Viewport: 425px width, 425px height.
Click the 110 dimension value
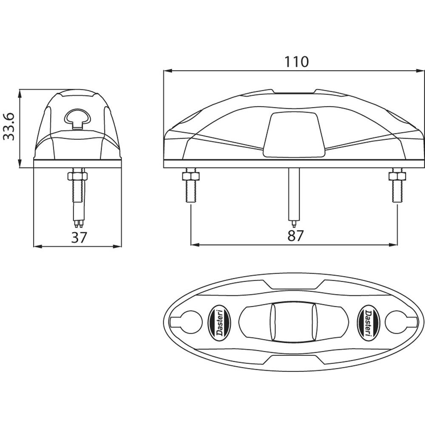(296, 62)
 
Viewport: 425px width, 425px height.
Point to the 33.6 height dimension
(9, 126)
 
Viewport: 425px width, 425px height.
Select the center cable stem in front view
(293, 193)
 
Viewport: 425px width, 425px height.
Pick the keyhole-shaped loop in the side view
(78, 117)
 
